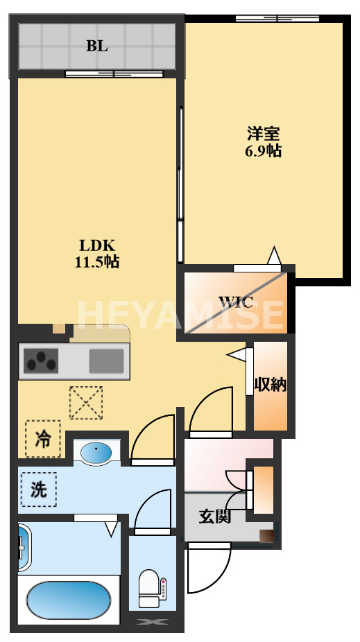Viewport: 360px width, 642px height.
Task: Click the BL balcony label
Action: pyautogui.click(x=96, y=46)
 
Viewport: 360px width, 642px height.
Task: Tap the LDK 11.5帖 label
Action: pyautogui.click(x=96, y=254)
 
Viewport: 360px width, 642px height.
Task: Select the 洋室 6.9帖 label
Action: pyautogui.click(x=264, y=141)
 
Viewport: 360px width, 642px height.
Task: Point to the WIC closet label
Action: pyautogui.click(x=236, y=302)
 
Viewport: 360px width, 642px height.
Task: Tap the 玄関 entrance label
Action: pyautogui.click(x=214, y=516)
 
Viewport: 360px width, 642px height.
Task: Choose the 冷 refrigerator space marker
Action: pyautogui.click(x=43, y=439)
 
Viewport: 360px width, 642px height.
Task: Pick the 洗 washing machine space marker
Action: pyautogui.click(x=39, y=489)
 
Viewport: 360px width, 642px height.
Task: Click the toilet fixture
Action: pyautogui.click(x=151, y=587)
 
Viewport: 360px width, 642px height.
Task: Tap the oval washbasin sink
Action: pyautogui.click(x=96, y=454)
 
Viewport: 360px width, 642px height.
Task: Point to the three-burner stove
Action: pyautogui.click(x=42, y=361)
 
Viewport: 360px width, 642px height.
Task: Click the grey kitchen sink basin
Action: pyautogui.click(x=106, y=361)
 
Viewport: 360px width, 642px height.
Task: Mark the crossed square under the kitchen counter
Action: pyautogui.click(x=85, y=403)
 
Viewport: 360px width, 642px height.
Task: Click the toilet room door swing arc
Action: pyautogui.click(x=154, y=510)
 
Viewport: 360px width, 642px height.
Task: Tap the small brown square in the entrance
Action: pyautogui.click(x=266, y=535)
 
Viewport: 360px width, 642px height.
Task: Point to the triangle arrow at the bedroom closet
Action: pyautogui.click(x=274, y=257)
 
